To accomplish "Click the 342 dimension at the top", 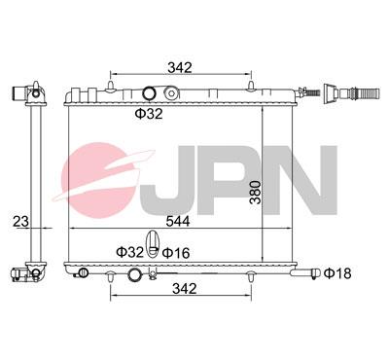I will coord(179,67).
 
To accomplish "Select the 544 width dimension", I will coord(178,222).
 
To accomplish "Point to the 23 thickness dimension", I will coord(17,222).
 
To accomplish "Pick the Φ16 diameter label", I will coord(175,253).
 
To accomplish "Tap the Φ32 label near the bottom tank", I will coord(130,253).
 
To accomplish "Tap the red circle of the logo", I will coord(107,180).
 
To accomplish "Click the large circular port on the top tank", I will coord(149,94).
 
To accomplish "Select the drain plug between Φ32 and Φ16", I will coord(153,244).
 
